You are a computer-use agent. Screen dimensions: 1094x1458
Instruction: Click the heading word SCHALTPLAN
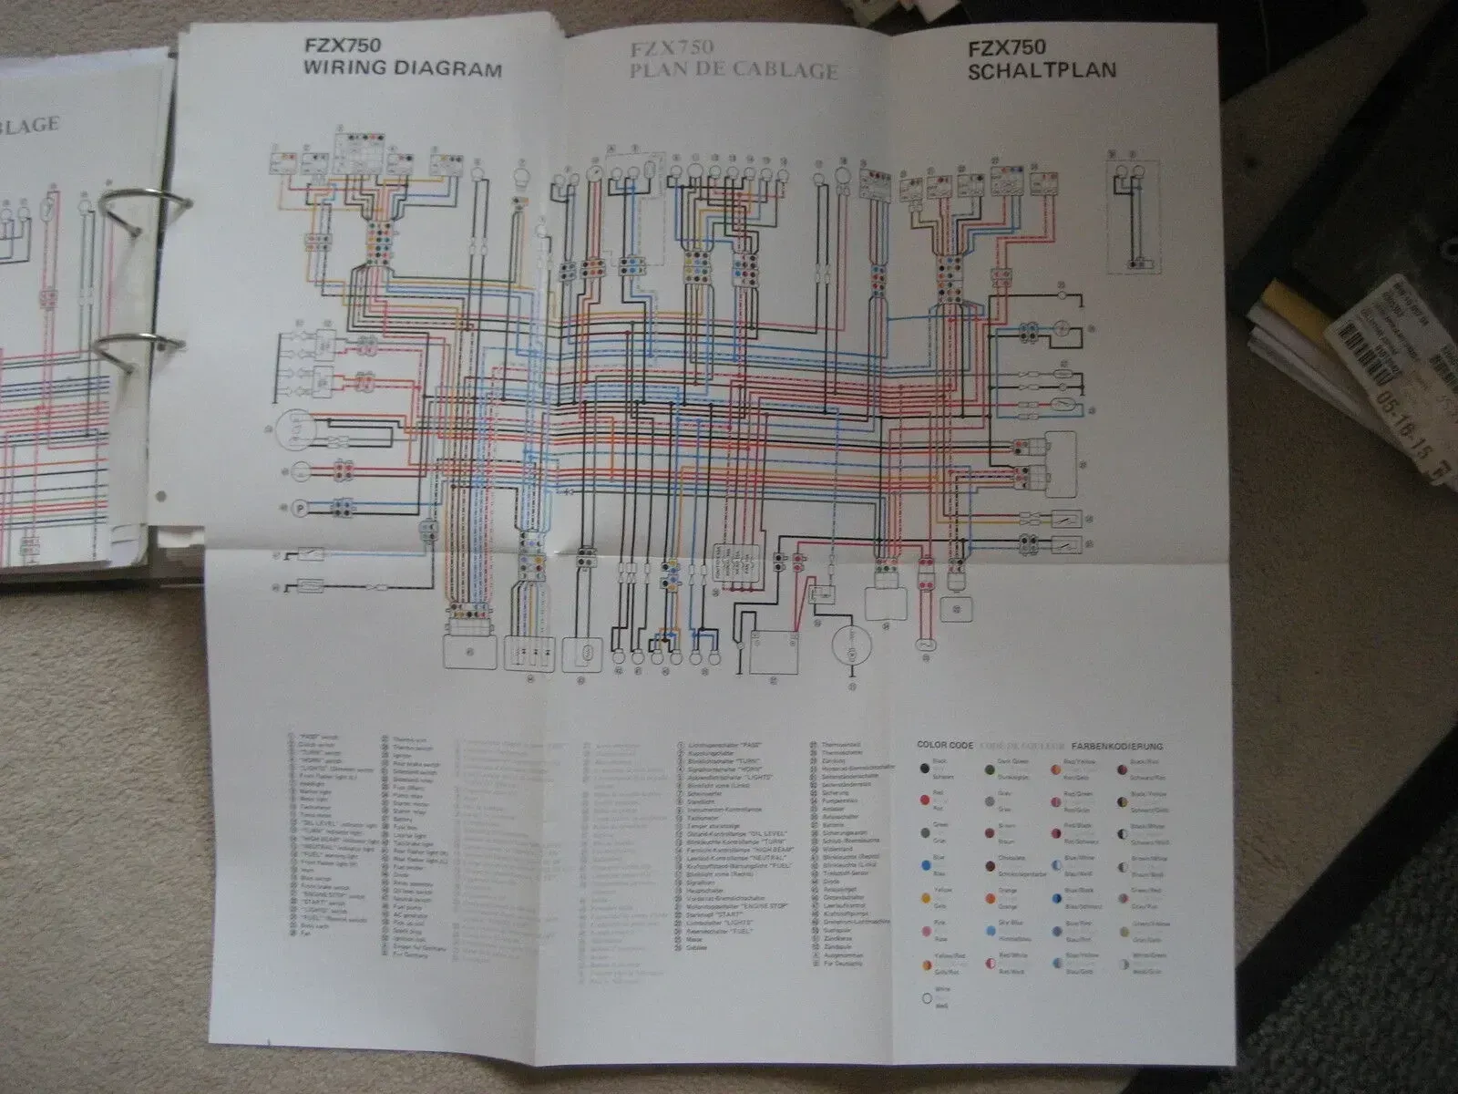[x=1042, y=69]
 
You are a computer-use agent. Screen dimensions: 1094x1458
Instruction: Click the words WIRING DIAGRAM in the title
[x=402, y=69]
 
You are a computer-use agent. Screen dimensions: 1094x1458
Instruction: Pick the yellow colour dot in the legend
[x=926, y=899]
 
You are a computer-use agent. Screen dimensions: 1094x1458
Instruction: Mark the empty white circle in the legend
[x=926, y=997]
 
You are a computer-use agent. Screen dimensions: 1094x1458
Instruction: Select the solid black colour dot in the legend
[x=926, y=768]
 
